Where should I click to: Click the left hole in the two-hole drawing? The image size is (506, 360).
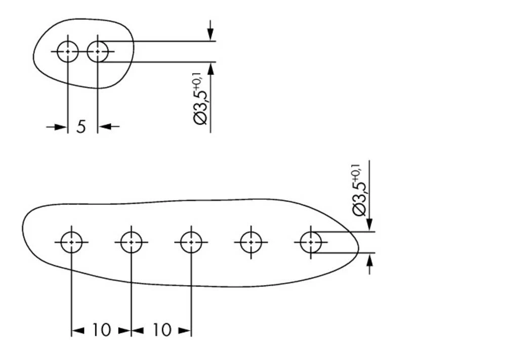coord(67,52)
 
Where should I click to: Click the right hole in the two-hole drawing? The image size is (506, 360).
coord(98,52)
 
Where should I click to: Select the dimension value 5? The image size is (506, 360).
coord(81,126)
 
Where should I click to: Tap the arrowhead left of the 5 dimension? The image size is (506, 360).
coord(61,126)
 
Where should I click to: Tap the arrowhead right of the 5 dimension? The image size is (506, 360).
coord(104,126)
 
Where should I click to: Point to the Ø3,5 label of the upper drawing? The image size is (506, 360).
coord(201,106)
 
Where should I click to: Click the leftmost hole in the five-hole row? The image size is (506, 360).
coord(71,242)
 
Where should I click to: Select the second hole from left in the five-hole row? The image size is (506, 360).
coord(131,242)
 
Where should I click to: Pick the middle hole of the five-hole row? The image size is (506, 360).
coord(191,242)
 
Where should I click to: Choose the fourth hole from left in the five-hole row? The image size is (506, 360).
coord(251,242)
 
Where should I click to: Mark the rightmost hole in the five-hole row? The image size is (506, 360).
coord(311,242)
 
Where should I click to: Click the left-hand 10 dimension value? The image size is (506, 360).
coord(101,331)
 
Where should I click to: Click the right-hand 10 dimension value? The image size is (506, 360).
coord(161,331)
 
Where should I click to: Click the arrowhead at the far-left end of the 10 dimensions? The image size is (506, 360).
coord(77,331)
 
